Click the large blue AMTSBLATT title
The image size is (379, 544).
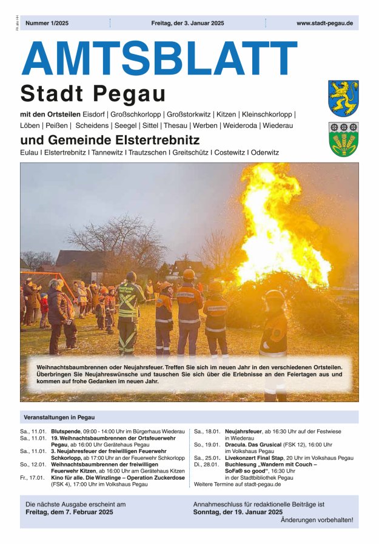click(159, 59)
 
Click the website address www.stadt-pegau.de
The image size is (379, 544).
click(324, 23)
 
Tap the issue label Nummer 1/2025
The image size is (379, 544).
click(47, 23)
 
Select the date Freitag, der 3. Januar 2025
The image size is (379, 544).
click(187, 23)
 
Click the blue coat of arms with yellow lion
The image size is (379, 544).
click(343, 98)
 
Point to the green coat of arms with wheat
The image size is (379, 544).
click(343, 139)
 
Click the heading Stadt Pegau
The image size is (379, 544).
click(93, 94)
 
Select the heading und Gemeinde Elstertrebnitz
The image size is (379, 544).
click(109, 140)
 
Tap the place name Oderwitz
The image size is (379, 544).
click(265, 152)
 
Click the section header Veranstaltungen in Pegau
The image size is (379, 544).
click(59, 417)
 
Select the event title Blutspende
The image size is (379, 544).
click(64, 432)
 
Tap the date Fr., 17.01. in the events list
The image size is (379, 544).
click(33, 478)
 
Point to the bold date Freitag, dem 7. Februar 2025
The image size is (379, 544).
click(69, 512)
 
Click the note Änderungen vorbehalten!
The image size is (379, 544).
click(317, 520)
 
